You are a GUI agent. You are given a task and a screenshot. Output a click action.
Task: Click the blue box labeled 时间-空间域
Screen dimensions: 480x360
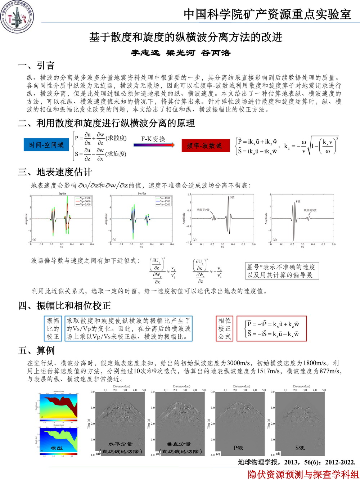[46, 145]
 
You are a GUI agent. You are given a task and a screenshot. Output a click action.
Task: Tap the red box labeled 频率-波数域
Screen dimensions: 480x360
[206, 145]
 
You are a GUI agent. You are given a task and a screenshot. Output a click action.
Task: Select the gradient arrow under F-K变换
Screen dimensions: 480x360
[154, 145]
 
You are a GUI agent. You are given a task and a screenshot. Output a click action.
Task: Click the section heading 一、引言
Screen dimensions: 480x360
[36, 66]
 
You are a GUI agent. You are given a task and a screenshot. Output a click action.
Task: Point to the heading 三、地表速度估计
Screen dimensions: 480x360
[55, 172]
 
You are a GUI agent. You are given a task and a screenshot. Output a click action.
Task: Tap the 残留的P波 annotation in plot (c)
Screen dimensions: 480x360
[203, 210]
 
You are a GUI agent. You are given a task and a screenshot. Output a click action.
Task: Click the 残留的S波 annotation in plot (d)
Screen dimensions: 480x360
[310, 210]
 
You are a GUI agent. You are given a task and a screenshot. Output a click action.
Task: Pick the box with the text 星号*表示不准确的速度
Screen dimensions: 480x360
[282, 271]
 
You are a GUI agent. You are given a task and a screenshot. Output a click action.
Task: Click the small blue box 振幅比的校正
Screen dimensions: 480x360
[53, 328]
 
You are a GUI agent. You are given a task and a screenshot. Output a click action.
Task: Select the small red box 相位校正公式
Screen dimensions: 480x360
[224, 328]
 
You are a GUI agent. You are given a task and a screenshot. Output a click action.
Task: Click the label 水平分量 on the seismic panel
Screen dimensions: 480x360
[121, 444]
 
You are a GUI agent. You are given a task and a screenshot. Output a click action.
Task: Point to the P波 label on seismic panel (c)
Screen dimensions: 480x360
[238, 448]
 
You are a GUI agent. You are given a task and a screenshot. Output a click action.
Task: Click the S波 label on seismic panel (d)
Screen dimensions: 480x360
[300, 448]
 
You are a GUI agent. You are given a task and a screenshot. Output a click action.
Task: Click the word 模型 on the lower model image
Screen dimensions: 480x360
[57, 448]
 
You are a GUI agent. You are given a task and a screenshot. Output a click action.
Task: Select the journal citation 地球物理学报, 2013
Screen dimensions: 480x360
[297, 462]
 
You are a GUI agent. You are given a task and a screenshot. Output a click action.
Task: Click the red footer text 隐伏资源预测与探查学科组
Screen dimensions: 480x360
[303, 474]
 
